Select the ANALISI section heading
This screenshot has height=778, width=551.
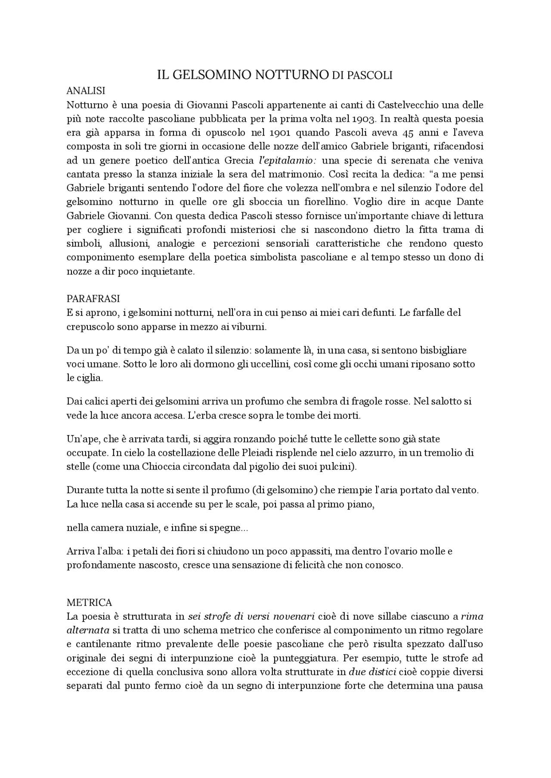click(86, 91)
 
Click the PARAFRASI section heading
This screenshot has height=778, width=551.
click(93, 299)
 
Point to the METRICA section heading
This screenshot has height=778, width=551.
click(90, 602)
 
